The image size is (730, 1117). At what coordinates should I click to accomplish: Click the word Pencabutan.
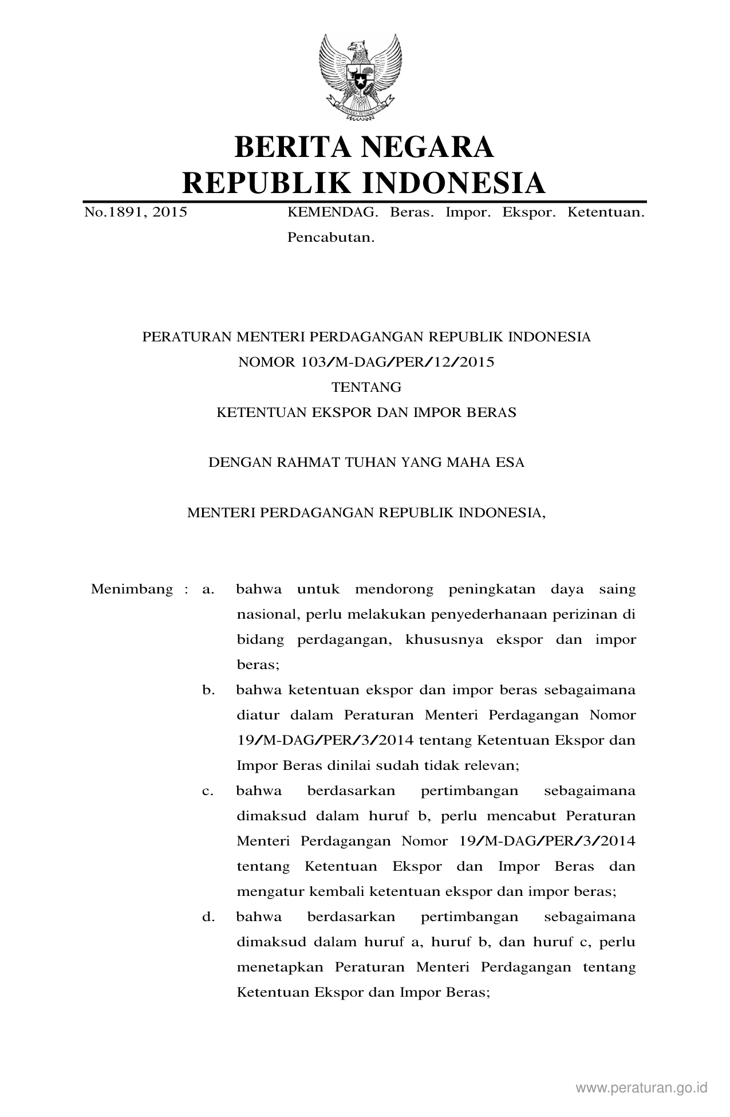pos(330,237)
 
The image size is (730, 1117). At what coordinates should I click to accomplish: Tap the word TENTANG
pos(366,387)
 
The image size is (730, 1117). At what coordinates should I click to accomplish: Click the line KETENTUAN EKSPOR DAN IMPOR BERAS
pos(366,412)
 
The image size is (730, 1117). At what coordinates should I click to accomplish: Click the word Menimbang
pos(132,589)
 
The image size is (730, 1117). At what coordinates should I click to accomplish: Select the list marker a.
pos(208,589)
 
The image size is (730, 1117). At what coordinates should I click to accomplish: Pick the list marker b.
pos(208,690)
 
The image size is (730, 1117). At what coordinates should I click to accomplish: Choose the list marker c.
pos(208,791)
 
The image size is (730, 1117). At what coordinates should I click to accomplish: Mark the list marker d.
pos(208,917)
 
